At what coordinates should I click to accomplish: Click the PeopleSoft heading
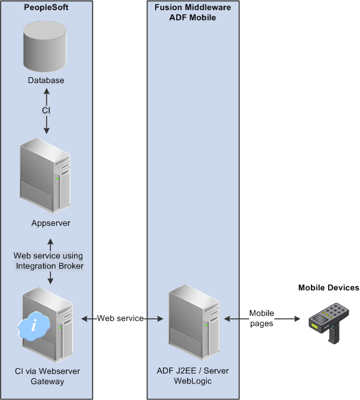click(46, 8)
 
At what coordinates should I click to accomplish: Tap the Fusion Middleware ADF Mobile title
click(193, 12)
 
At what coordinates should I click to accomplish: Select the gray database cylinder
click(45, 47)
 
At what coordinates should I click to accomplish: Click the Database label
click(46, 80)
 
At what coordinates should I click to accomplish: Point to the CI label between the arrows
click(46, 110)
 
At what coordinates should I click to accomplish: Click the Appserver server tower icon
click(45, 176)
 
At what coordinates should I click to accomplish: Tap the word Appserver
click(51, 223)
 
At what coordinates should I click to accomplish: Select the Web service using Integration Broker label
click(49, 261)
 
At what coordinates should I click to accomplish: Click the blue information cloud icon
click(34, 326)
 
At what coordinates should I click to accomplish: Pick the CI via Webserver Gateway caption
click(47, 376)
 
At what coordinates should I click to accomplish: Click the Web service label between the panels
click(120, 318)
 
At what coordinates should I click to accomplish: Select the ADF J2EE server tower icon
click(194, 322)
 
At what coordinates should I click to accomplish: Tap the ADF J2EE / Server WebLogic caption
click(193, 376)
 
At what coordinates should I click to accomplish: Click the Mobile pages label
click(262, 318)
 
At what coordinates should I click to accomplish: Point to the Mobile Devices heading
click(329, 288)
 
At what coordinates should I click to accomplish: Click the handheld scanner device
click(329, 323)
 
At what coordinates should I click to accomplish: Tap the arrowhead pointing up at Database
click(47, 91)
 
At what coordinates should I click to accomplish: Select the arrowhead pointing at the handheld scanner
click(297, 318)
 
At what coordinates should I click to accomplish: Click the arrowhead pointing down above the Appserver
click(47, 131)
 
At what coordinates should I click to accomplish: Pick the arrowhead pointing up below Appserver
click(50, 242)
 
